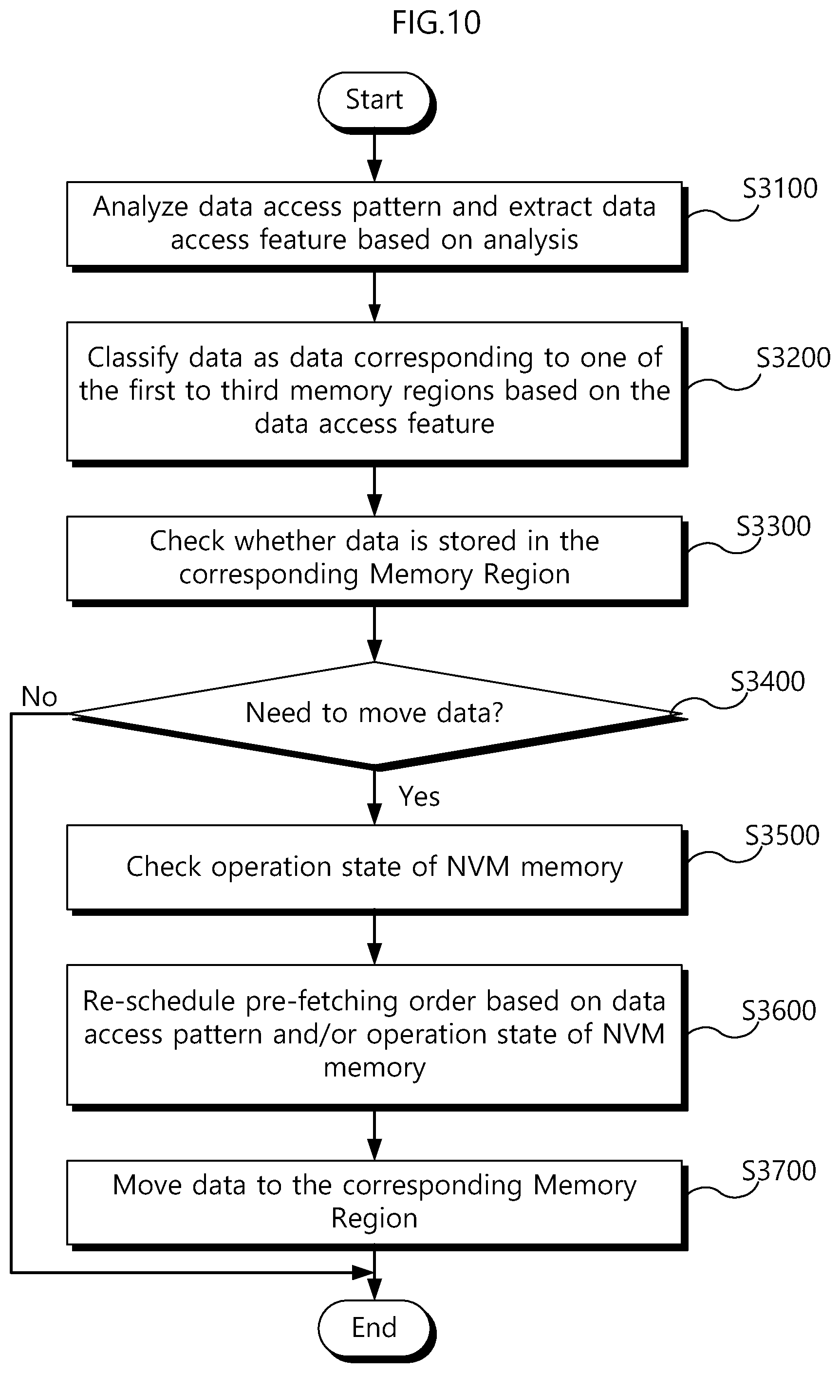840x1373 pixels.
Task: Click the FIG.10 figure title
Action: click(x=436, y=23)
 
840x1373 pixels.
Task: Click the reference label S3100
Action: click(x=780, y=188)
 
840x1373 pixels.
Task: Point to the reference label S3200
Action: click(x=793, y=357)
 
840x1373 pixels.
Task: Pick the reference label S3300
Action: click(x=774, y=526)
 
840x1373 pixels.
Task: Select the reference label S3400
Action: click(x=767, y=681)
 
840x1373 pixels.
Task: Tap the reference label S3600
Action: click(x=779, y=1010)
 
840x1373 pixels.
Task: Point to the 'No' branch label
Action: click(x=39, y=697)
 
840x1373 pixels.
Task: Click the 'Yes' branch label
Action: click(x=419, y=796)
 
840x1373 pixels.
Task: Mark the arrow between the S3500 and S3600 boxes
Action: click(x=374, y=940)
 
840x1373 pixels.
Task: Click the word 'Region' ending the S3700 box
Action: click(x=374, y=1219)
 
